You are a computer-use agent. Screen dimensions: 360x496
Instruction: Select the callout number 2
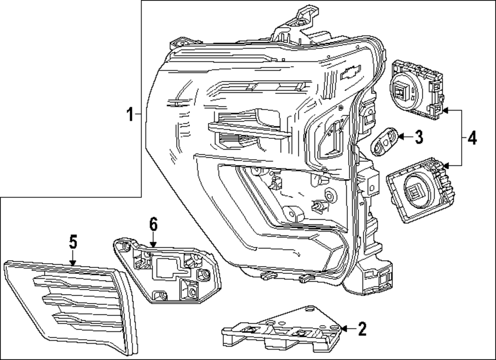coord(362,328)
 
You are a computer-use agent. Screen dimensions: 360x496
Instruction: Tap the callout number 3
coord(419,137)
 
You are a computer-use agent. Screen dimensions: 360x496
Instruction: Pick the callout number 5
coord(73,242)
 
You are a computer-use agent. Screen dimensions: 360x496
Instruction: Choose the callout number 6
coord(153,225)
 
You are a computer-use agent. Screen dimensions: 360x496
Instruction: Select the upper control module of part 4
coord(416,89)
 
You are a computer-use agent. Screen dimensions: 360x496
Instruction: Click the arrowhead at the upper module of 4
coord(444,111)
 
